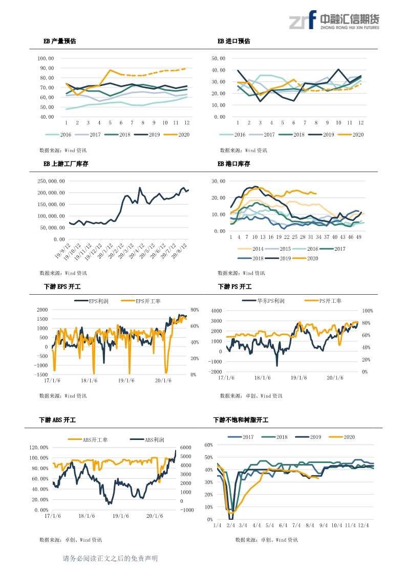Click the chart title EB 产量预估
[60, 41]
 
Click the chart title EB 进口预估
[234, 41]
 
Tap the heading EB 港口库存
[234, 164]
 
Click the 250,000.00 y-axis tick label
[52, 181]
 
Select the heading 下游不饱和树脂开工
[241, 420]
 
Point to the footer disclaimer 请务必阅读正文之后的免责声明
[110, 559]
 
